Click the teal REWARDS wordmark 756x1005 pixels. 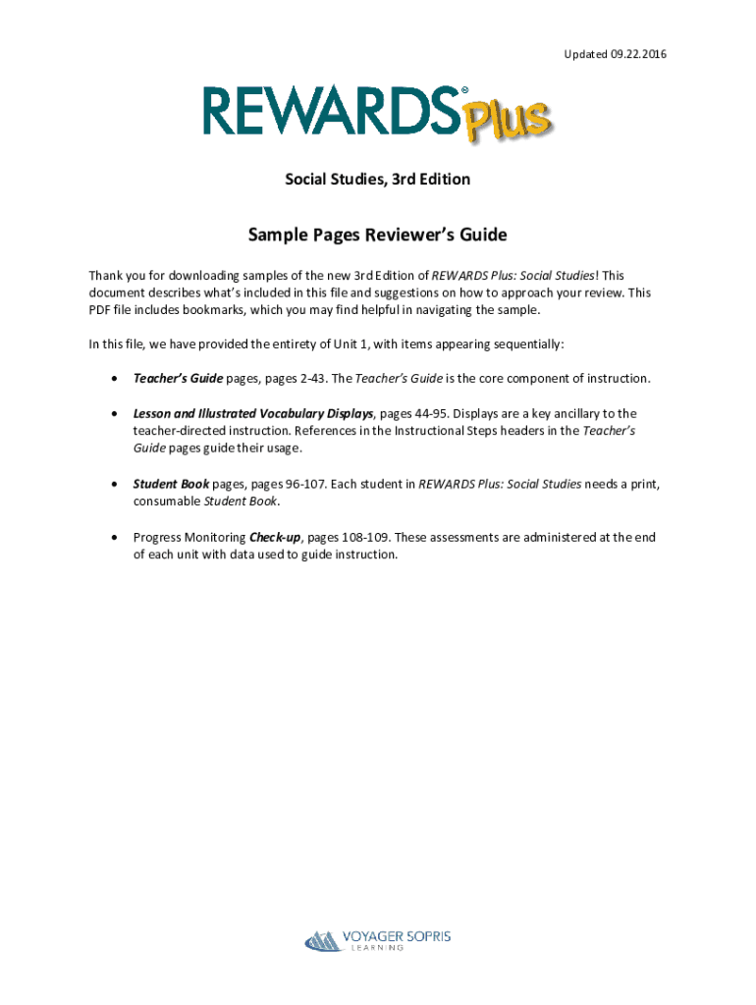pyautogui.click(x=330, y=110)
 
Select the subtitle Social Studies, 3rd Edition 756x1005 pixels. pyautogui.click(x=378, y=180)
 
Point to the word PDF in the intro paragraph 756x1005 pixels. pyautogui.click(x=100, y=310)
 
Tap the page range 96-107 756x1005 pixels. pyautogui.click(x=309, y=484)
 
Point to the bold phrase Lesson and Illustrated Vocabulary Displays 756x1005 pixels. pyautogui.click(x=253, y=413)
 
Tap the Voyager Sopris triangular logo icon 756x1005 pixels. pyautogui.click(x=322, y=941)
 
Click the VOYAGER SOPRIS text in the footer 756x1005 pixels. pyautogui.click(x=397, y=936)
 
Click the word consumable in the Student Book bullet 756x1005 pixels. pyautogui.click(x=167, y=502)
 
